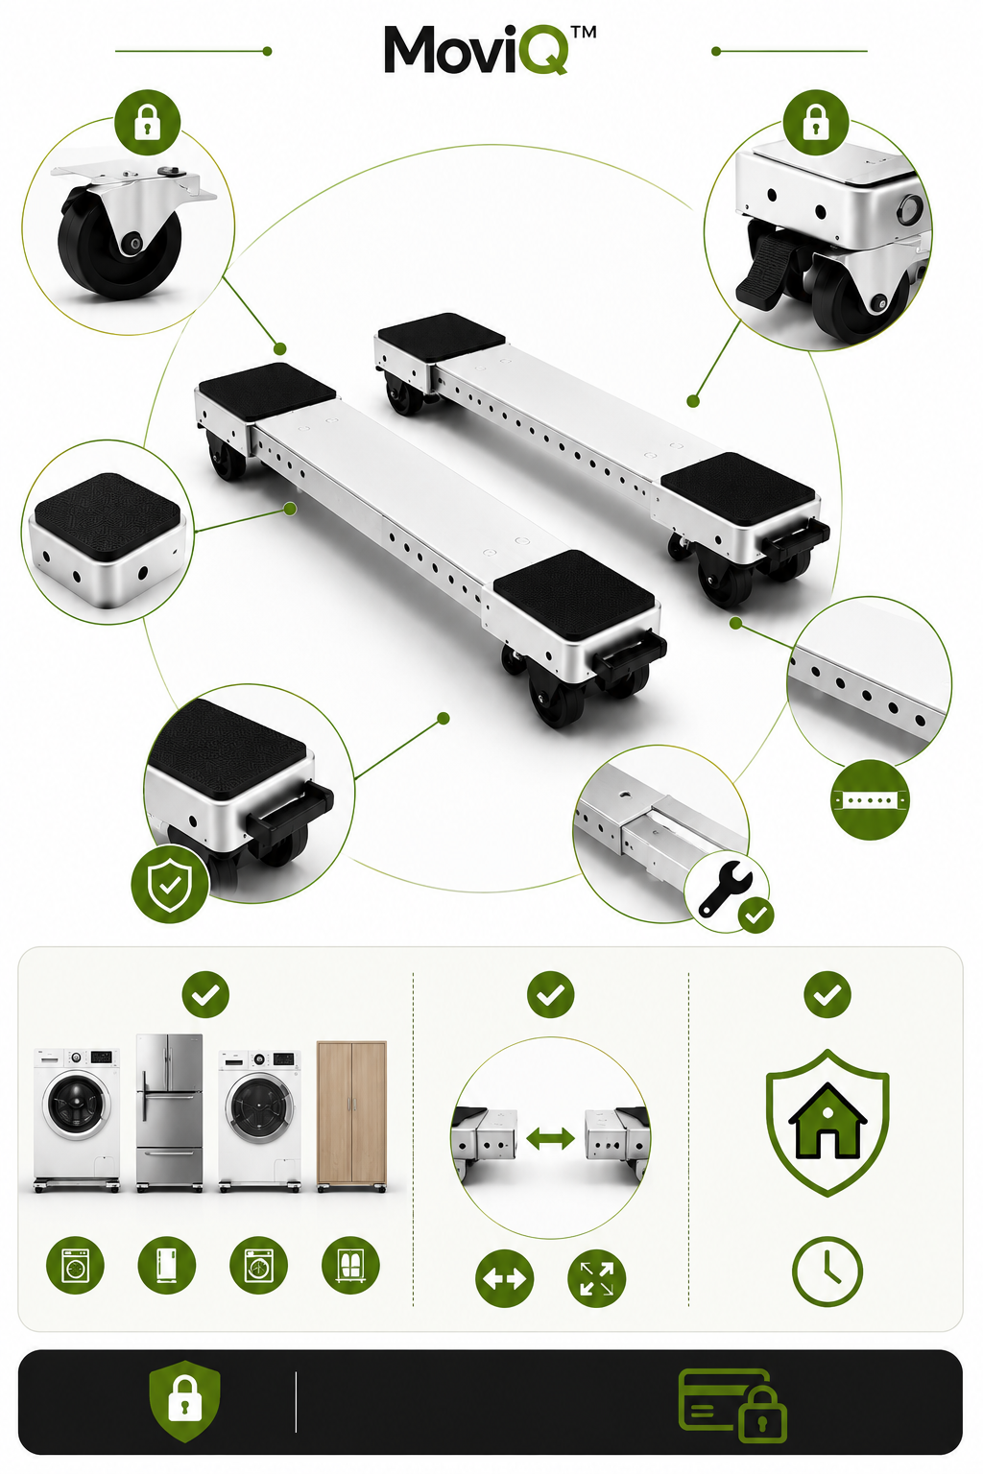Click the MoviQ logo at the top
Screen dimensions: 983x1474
(490, 49)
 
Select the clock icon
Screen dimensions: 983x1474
(827, 1271)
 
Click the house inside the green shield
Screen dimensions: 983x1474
(827, 1121)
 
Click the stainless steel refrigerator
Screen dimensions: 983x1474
(169, 1112)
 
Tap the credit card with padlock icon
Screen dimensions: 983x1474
(732, 1405)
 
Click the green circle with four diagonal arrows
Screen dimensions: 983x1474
(596, 1278)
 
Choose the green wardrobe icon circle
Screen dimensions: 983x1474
(350, 1265)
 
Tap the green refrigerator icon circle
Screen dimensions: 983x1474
(167, 1265)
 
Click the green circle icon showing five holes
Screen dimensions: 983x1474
(870, 799)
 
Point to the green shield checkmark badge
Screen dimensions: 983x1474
(170, 883)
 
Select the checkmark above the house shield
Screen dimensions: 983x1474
(827, 994)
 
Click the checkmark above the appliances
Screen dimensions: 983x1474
(205, 994)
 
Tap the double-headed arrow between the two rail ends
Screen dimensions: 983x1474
(550, 1138)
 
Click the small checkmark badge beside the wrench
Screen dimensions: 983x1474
(755, 915)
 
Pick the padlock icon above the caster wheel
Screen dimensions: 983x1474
(148, 123)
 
